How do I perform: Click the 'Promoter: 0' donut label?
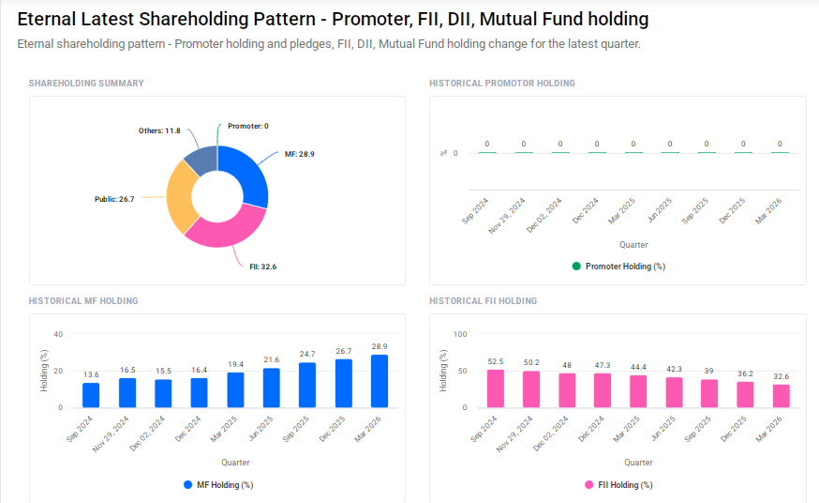tap(247, 126)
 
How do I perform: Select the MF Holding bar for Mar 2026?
tap(380, 381)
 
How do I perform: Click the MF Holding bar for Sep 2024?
tap(91, 395)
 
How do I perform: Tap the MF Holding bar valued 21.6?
tap(272, 388)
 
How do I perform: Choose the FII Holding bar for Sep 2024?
tap(496, 389)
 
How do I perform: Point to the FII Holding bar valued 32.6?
tap(782, 396)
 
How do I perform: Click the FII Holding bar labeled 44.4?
tap(638, 391)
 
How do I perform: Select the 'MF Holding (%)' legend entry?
tap(218, 485)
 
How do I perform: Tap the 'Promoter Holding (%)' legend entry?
tap(618, 267)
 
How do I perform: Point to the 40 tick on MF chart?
tap(58, 334)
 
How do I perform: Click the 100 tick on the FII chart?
tap(460, 334)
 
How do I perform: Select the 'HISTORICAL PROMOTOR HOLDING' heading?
tap(502, 84)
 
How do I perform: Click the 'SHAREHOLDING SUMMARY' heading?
tap(86, 84)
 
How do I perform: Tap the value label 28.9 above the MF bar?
tap(380, 346)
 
